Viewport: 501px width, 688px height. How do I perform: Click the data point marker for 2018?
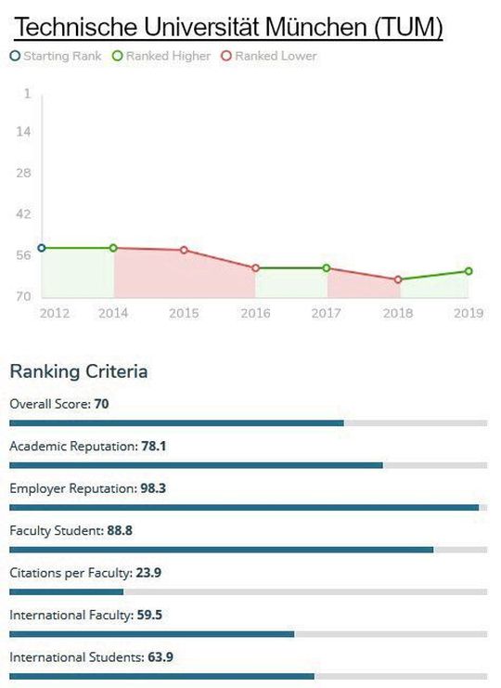click(x=398, y=279)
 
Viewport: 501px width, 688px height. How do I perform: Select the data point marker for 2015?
click(x=184, y=250)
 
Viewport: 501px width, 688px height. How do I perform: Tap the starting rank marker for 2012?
click(x=41, y=249)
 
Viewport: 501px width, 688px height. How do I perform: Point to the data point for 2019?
click(x=469, y=271)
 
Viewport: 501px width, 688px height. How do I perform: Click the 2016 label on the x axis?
click(x=255, y=314)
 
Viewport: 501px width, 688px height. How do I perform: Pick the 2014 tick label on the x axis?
click(x=113, y=314)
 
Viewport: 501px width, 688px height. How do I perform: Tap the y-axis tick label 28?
click(x=24, y=173)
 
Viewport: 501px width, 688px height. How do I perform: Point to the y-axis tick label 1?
click(x=27, y=94)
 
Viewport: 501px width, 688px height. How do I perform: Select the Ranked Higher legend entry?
click(x=161, y=56)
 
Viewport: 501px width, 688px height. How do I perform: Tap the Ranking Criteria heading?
click(x=78, y=372)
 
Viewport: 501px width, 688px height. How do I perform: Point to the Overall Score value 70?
click(x=102, y=404)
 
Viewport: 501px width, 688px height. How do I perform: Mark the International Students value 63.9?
click(x=161, y=657)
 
